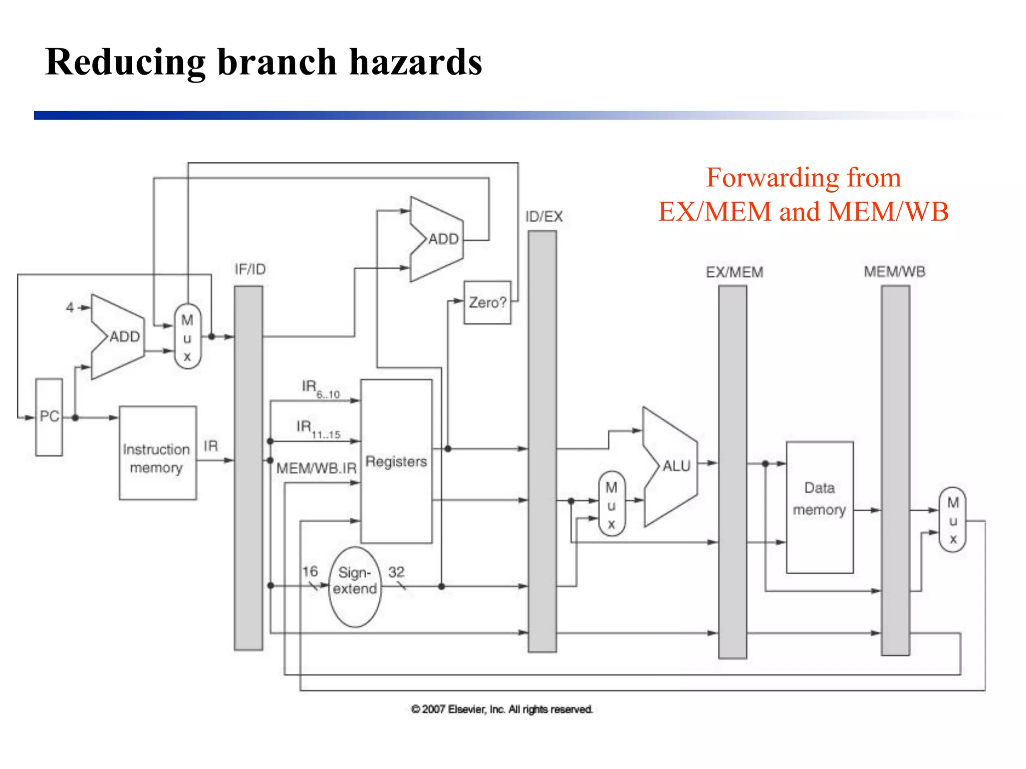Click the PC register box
pos(49,417)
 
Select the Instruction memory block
pos(157,453)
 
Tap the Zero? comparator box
pos(487,302)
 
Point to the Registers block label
pos(396,461)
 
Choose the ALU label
pos(676,466)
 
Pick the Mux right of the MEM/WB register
pos(952,520)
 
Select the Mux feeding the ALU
pos(611,504)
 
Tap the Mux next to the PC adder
pos(187,337)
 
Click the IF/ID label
pos(250,269)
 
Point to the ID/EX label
pos(544,217)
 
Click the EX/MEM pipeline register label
pos(734,272)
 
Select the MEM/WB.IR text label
pos(316,468)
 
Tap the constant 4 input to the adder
pos(70,307)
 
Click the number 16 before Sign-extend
pos(310,571)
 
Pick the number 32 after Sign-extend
pos(396,572)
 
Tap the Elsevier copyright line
pos(501,709)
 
